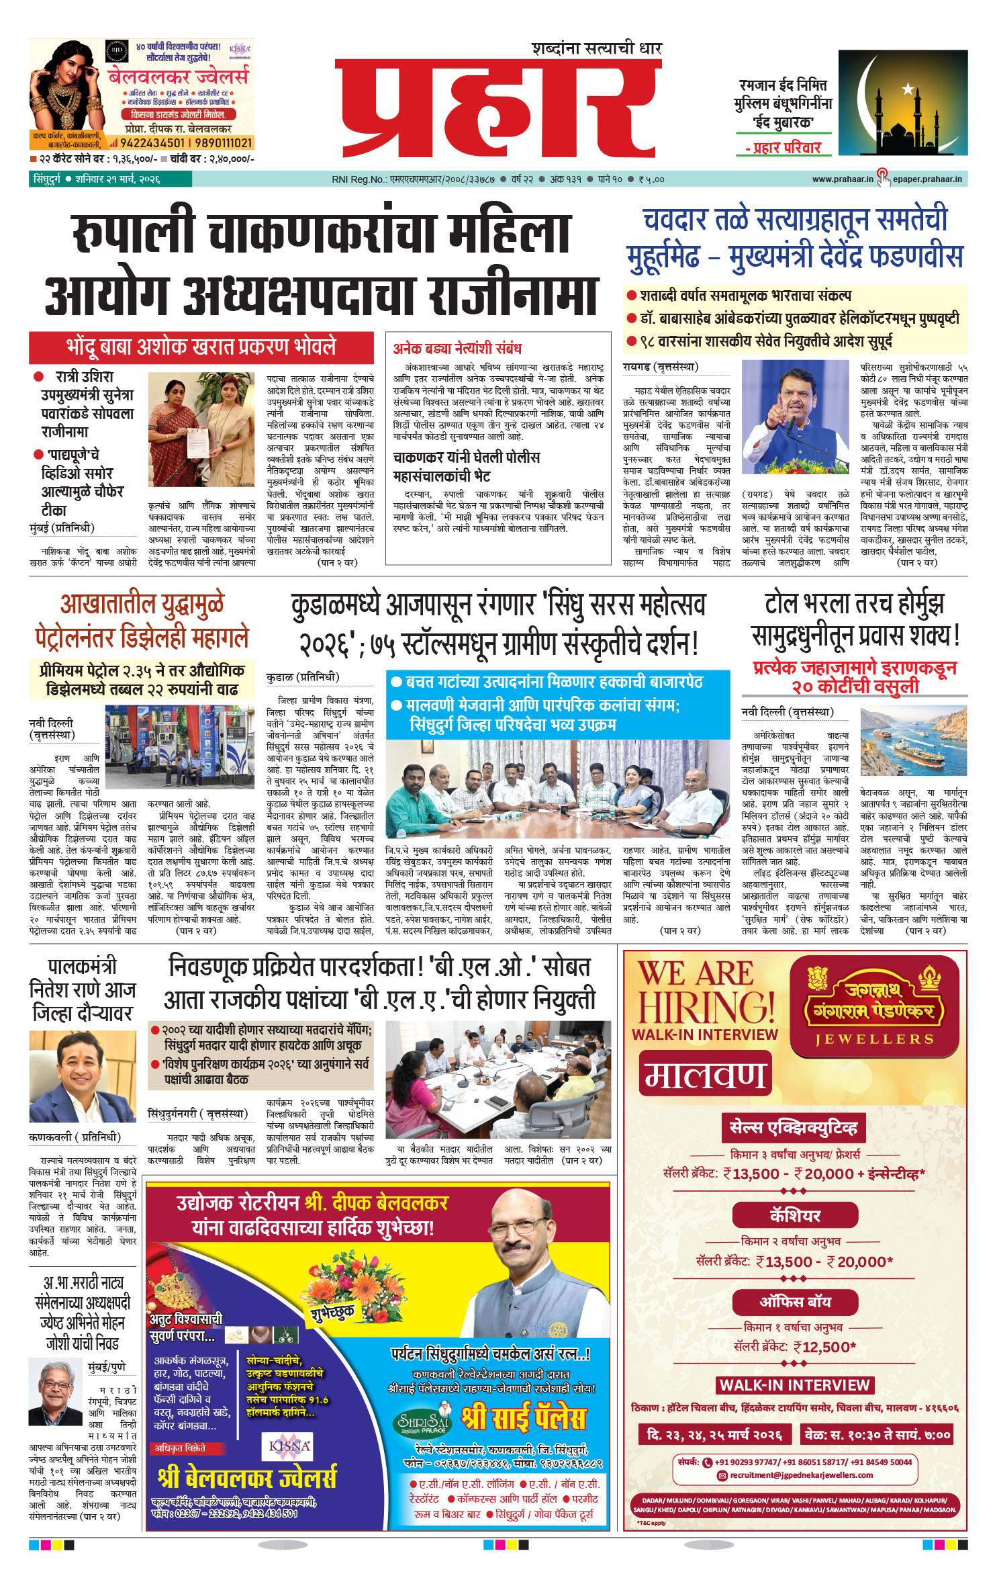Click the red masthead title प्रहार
(498, 107)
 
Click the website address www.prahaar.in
(842, 179)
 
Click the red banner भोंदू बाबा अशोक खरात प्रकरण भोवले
(201, 347)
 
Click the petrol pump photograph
(179, 746)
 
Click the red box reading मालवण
(704, 1073)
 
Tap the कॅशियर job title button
(795, 1215)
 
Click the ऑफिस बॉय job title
(795, 1302)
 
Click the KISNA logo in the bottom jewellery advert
(289, 1446)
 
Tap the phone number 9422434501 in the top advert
(152, 143)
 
